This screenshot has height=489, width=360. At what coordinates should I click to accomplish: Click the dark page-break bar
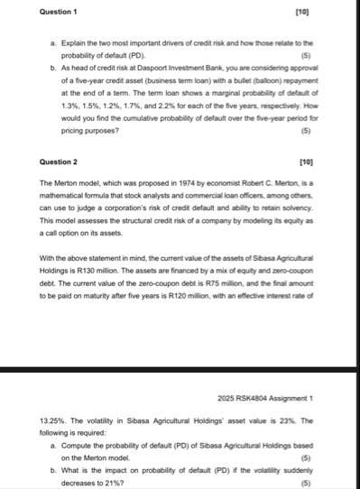(x=180, y=372)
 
